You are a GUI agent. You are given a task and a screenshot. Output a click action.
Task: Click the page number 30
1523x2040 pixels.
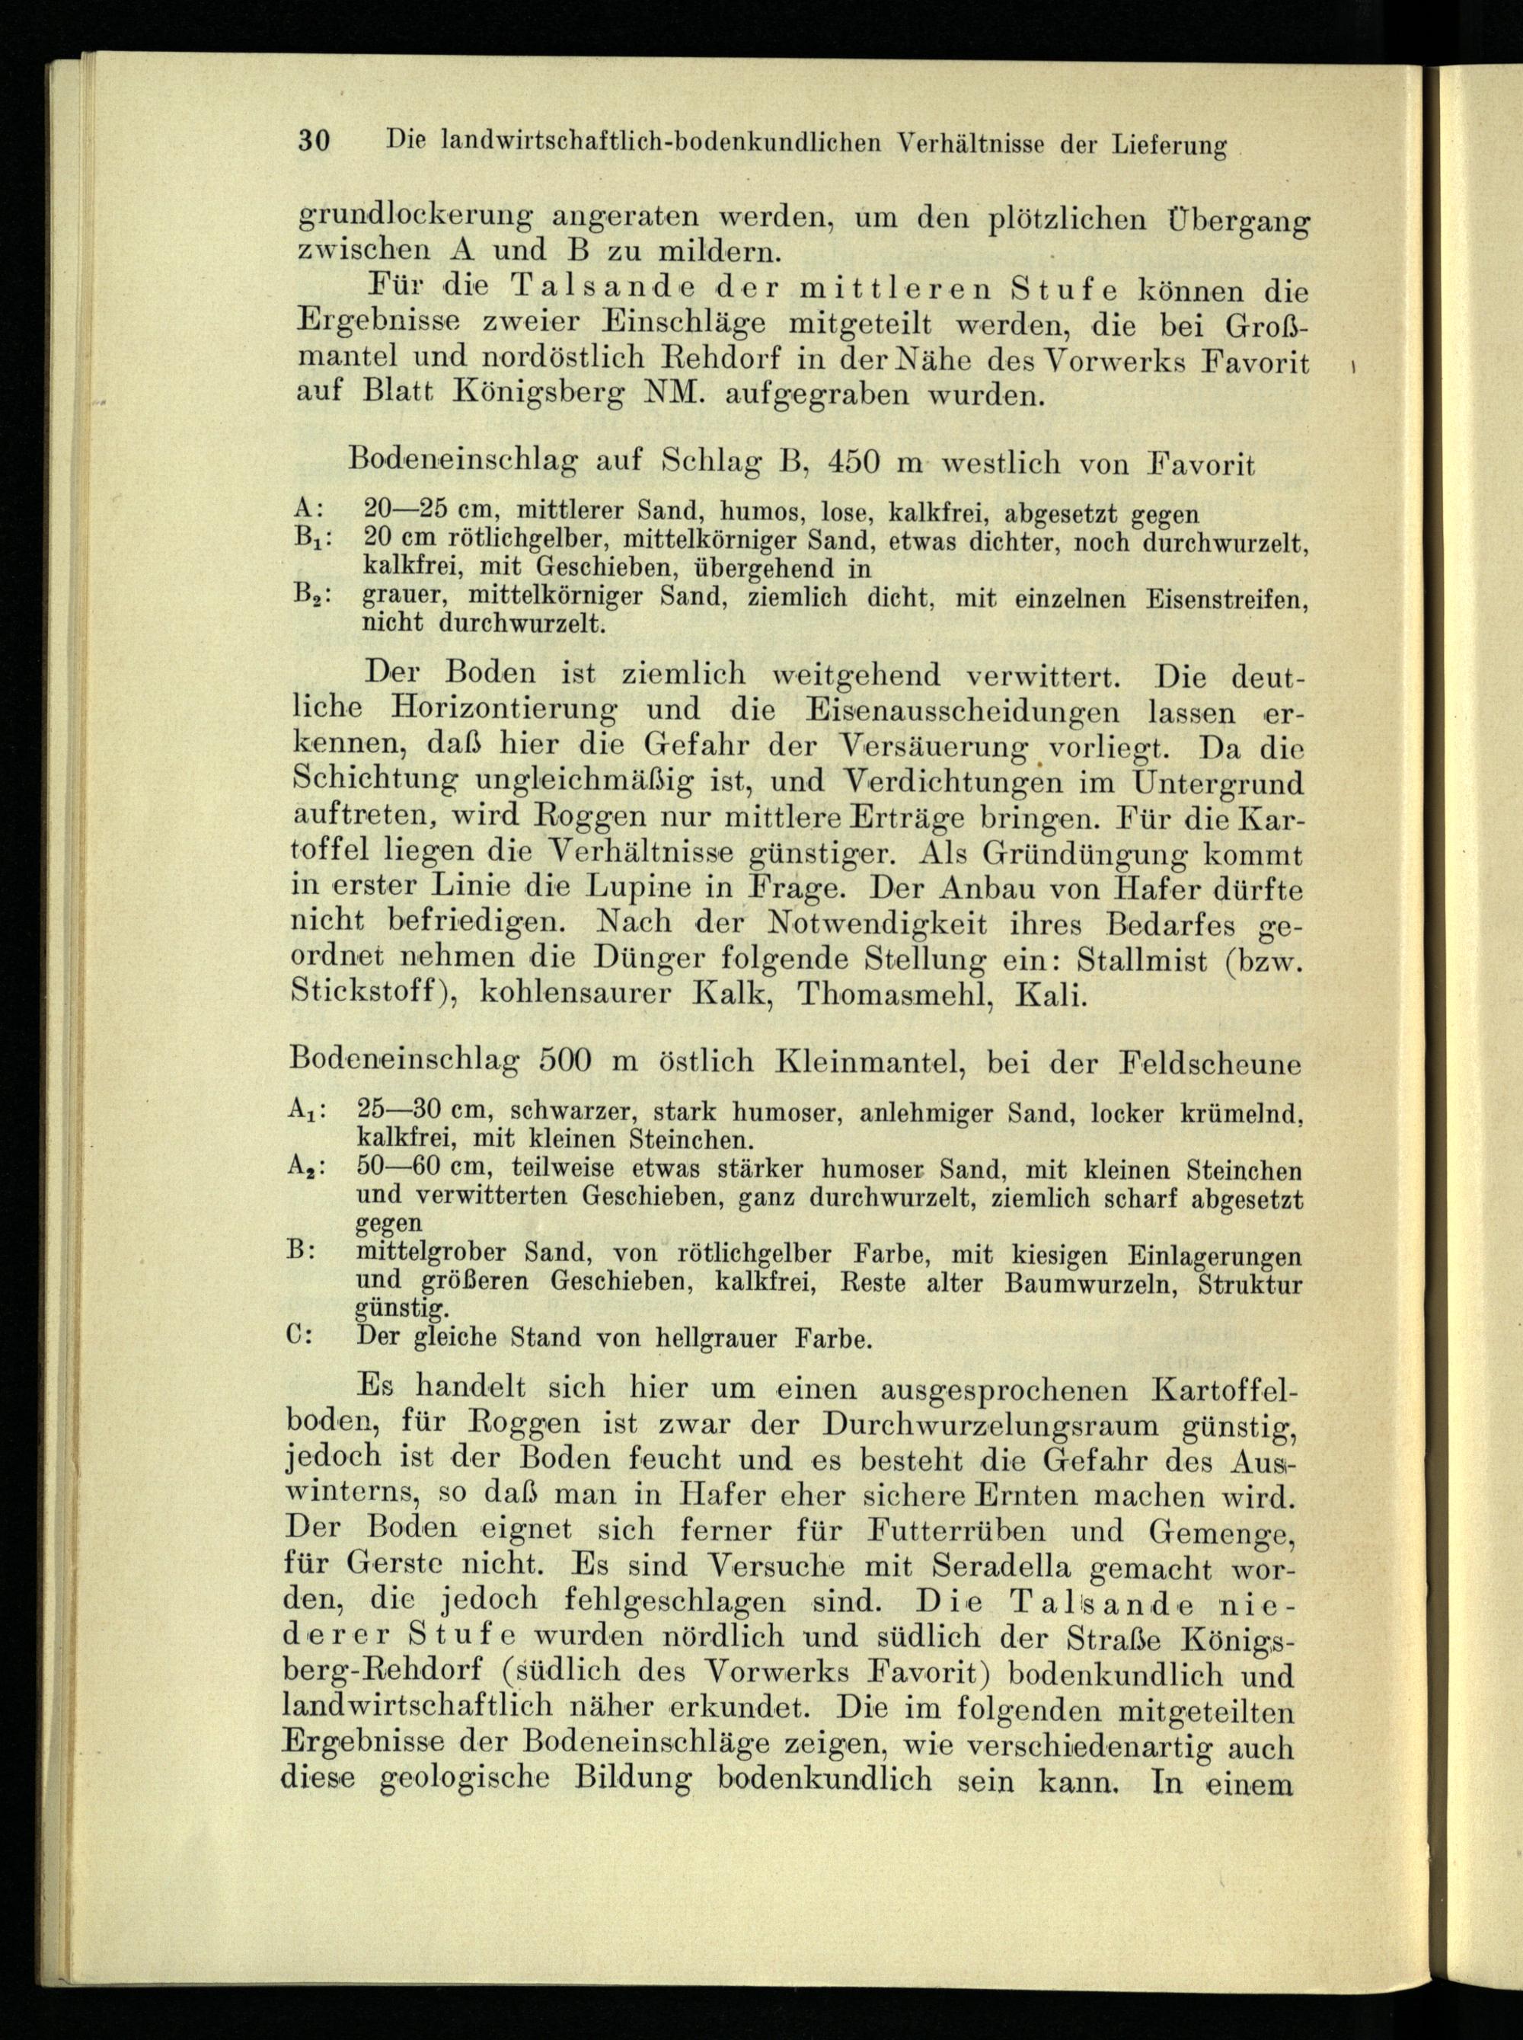tap(314, 141)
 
